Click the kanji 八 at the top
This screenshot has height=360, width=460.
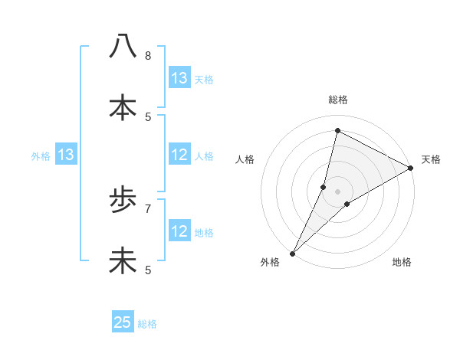[x=123, y=47]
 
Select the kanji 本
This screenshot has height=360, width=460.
[x=123, y=108]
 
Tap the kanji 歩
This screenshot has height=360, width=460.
[x=123, y=200]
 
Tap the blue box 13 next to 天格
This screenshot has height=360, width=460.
[x=179, y=77]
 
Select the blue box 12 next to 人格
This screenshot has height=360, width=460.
[x=179, y=155]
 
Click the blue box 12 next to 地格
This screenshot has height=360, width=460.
[x=179, y=231]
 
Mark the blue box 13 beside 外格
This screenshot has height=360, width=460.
[x=66, y=155]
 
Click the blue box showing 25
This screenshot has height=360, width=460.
[x=123, y=322]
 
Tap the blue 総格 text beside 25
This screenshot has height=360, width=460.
[x=148, y=324]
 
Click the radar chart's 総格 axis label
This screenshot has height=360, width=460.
[x=337, y=100]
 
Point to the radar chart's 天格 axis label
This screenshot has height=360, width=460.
[x=432, y=159]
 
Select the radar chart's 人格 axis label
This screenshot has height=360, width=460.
[x=245, y=159]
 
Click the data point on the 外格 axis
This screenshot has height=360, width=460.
[x=292, y=253]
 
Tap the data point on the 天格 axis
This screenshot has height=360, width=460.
[x=411, y=168]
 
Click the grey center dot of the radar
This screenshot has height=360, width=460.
[x=337, y=191]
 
